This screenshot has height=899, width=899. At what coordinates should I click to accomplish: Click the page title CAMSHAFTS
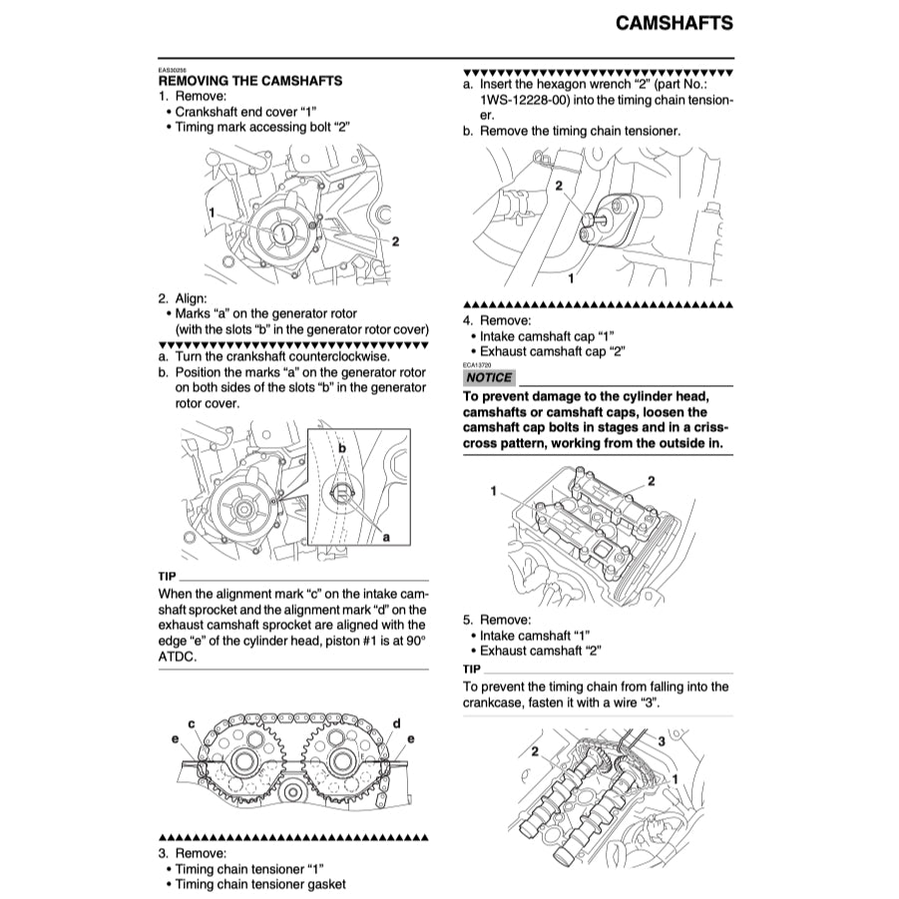point(674,23)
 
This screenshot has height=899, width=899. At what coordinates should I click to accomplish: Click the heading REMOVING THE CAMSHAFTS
point(250,81)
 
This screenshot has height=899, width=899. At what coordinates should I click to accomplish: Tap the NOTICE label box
point(489,378)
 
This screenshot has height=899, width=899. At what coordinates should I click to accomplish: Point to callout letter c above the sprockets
point(191,722)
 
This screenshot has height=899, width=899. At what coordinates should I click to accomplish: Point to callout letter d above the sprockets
point(396,722)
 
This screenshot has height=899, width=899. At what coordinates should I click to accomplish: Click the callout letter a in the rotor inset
point(386,537)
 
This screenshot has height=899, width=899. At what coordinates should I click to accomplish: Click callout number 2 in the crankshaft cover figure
point(395,240)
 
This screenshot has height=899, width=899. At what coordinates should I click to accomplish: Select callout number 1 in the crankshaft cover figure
point(213,213)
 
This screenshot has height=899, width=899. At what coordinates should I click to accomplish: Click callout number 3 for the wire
point(661,740)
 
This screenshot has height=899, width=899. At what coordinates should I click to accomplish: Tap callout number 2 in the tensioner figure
point(559,186)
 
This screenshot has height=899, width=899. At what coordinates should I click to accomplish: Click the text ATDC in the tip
point(177,658)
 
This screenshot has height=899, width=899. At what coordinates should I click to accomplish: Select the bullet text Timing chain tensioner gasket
point(260,884)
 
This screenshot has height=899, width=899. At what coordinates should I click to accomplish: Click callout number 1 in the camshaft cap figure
point(493,491)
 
